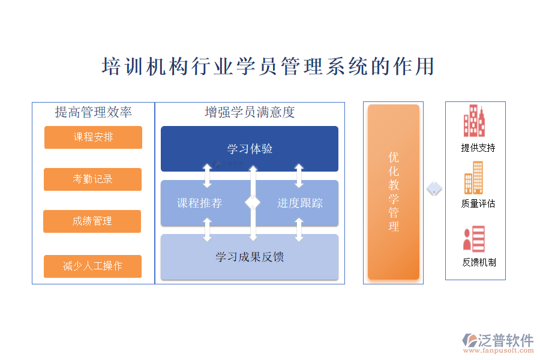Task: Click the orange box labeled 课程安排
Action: click(93, 137)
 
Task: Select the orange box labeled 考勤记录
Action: click(92, 179)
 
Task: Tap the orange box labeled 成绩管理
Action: click(92, 221)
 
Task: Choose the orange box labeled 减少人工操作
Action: click(92, 266)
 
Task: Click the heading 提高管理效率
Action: click(93, 112)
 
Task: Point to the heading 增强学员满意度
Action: click(250, 112)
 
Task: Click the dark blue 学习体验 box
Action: click(250, 149)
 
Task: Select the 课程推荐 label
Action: click(199, 203)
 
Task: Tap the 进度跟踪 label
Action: click(300, 203)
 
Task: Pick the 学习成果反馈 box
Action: click(250, 257)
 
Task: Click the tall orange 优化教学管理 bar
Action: click(394, 192)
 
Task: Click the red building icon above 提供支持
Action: click(473, 121)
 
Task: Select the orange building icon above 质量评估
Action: click(473, 178)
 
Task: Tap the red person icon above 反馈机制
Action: click(473, 238)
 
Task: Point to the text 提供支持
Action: click(478, 148)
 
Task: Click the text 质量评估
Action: click(478, 203)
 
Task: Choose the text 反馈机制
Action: click(479, 262)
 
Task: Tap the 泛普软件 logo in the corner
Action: click(498, 343)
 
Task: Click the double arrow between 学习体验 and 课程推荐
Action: click(208, 175)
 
